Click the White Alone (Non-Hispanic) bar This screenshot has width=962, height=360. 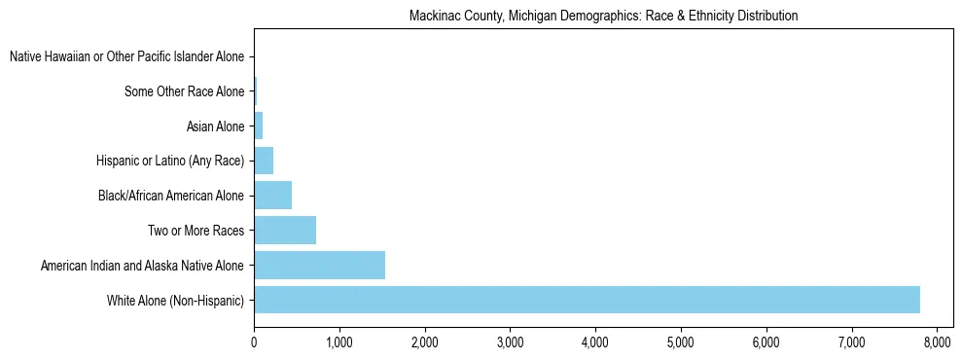(587, 300)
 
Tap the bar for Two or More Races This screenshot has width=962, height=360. (285, 231)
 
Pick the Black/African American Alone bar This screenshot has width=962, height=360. (272, 196)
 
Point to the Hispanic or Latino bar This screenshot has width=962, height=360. (264, 161)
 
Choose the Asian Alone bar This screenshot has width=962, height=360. (258, 126)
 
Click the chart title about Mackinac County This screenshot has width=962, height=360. (603, 17)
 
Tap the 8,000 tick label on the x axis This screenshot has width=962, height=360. (937, 342)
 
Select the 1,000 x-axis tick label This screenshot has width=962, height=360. (339, 342)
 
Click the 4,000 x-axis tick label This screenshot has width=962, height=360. (595, 342)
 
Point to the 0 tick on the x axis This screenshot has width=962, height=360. (254, 342)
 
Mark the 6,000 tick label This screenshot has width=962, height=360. (766, 342)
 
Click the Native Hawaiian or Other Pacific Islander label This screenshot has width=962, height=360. (126, 57)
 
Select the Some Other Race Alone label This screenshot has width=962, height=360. (185, 92)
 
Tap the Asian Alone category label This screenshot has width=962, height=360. (215, 126)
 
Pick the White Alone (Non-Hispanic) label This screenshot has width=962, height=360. (176, 300)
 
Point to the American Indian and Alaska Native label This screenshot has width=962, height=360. (142, 266)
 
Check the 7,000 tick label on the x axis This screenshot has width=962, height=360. (851, 342)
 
